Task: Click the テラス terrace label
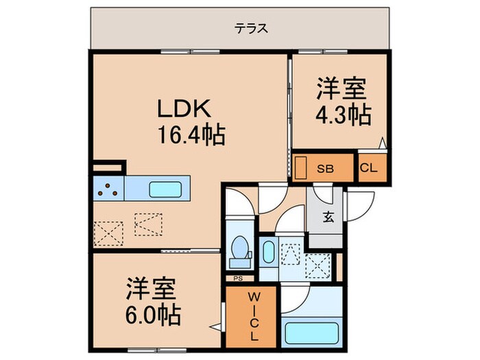click(x=250, y=29)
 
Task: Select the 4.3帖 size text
click(x=343, y=114)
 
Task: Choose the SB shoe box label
click(x=325, y=168)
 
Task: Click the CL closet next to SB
click(x=369, y=168)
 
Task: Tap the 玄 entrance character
click(x=328, y=219)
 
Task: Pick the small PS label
click(x=238, y=278)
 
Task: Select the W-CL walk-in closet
click(x=252, y=316)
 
